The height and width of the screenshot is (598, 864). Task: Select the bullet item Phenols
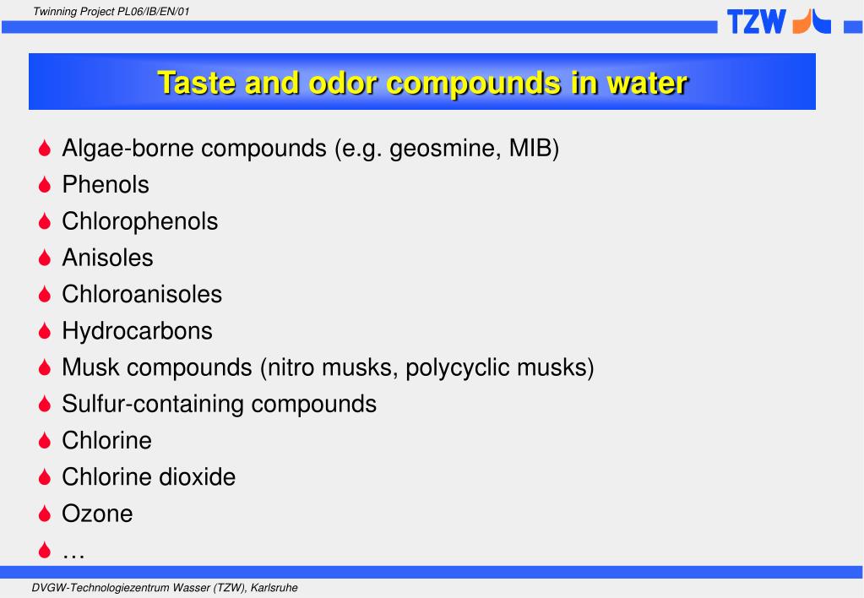click(106, 185)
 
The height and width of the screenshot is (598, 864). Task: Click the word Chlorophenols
click(139, 221)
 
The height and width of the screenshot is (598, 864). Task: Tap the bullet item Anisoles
click(107, 258)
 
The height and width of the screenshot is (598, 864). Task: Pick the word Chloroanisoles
click(142, 294)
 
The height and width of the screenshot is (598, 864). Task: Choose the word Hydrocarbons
click(137, 331)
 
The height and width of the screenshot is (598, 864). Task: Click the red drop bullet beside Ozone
click(46, 514)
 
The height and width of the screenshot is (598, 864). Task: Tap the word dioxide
click(197, 476)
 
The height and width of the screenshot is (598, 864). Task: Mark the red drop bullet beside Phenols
click(46, 186)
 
